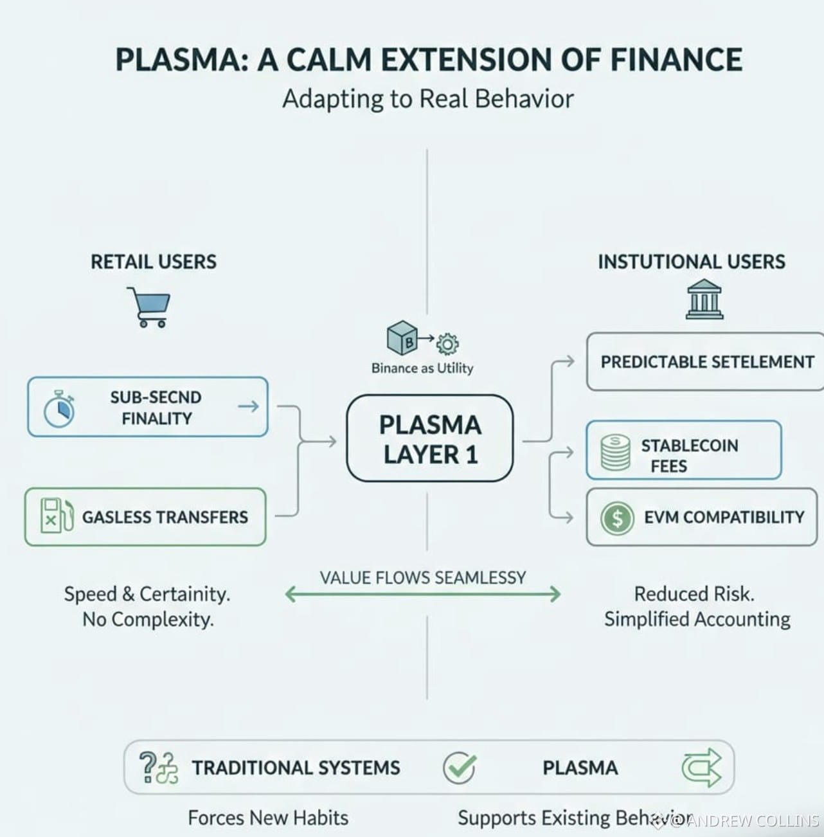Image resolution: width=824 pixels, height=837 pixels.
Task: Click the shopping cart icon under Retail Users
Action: tap(149, 307)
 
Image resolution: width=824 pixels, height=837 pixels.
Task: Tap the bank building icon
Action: tap(704, 299)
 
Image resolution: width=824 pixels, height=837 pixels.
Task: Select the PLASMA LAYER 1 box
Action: tap(429, 438)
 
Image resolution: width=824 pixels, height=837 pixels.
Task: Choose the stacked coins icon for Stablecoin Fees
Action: tap(615, 453)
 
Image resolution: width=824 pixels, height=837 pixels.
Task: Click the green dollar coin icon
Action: tap(617, 517)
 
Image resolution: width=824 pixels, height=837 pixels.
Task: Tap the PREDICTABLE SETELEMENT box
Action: tap(706, 362)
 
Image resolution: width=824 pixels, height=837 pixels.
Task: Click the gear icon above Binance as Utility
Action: tap(447, 344)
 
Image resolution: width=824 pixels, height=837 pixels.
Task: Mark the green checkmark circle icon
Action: tap(459, 767)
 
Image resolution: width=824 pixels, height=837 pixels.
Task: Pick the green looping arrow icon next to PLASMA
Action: tap(701, 767)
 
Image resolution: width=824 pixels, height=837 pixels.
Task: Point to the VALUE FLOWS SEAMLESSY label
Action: tap(422, 577)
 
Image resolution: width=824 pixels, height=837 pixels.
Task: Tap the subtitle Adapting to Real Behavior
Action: tap(427, 99)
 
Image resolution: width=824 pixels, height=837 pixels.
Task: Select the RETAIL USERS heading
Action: tap(153, 262)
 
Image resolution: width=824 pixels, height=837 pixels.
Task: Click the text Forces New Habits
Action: tap(267, 817)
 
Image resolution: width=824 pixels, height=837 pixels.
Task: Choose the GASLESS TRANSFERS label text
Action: tap(165, 517)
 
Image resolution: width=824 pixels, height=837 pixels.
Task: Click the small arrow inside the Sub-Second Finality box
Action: tap(248, 406)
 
